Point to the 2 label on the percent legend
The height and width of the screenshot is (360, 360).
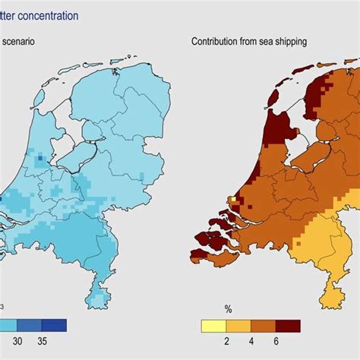click(226, 343)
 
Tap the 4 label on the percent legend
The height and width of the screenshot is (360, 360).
click(251, 343)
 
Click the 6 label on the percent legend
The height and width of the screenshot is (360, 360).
click(276, 343)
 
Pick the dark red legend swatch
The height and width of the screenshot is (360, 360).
click(288, 326)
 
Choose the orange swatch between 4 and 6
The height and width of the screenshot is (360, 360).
click(263, 326)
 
